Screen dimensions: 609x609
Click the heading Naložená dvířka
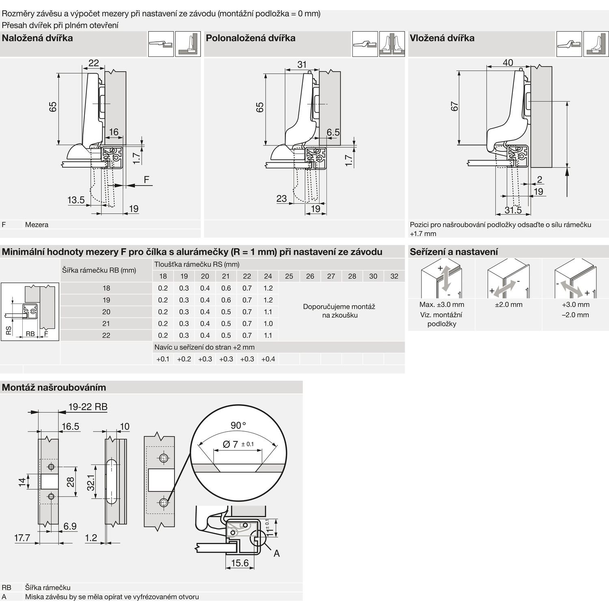[37, 38]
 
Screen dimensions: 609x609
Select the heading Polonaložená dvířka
[251, 38]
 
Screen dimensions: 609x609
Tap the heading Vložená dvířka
[442, 38]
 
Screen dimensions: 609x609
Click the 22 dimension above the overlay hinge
[93, 63]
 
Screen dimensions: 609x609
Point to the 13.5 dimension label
[76, 200]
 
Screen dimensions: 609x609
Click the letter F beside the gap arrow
[147, 179]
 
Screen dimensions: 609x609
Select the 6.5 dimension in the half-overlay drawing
[333, 132]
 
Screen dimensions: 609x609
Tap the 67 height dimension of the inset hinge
[455, 106]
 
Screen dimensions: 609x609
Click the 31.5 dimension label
[513, 210]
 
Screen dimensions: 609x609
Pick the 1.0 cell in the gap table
[268, 324]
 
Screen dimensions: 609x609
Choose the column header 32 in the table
[394, 276]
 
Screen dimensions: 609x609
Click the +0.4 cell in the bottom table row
[268, 359]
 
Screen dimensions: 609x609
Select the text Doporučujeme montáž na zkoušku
[339, 311]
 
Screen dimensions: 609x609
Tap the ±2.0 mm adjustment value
[508, 304]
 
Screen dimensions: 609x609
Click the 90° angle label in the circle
[238, 425]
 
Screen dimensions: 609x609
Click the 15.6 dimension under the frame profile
[240, 563]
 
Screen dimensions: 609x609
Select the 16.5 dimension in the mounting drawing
[70, 426]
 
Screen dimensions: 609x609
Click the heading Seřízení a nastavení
[454, 252]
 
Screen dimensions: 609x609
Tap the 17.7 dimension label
[22, 538]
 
